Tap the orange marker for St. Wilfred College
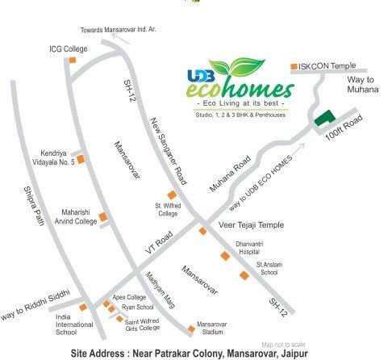[170, 195]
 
